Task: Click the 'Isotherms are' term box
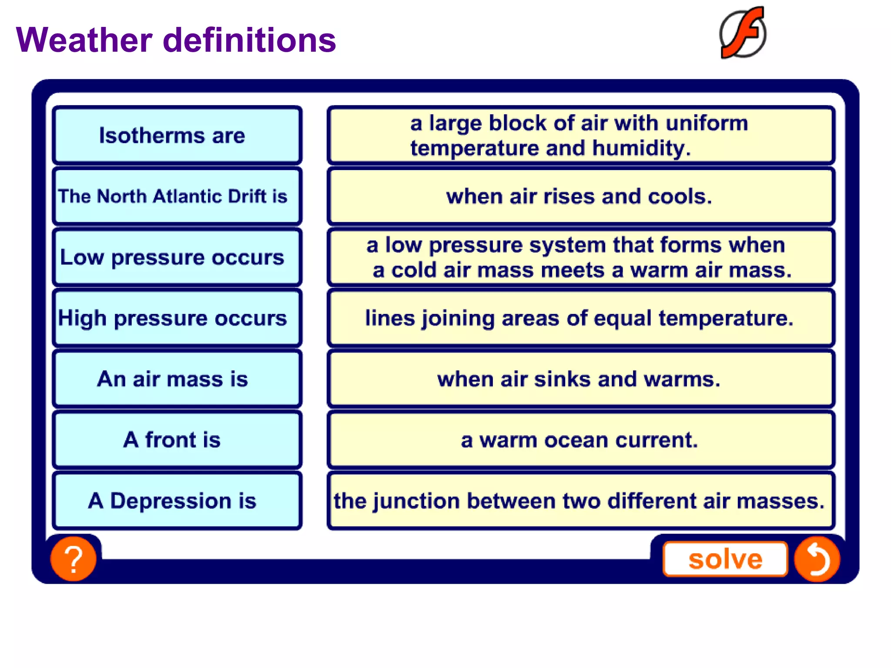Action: [176, 135]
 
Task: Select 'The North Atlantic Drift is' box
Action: [176, 196]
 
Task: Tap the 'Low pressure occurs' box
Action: [176, 257]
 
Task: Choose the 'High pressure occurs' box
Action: [176, 318]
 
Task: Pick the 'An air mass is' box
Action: [176, 379]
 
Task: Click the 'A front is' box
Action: [176, 440]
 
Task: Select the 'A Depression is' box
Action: [176, 501]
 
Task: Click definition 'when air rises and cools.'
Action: [580, 196]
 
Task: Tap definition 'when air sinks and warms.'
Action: [580, 379]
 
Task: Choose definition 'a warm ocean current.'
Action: [580, 440]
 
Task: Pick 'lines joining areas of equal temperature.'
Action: [580, 318]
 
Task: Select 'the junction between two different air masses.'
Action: [580, 501]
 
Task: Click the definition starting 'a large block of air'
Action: [580, 135]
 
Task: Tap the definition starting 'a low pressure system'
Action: [580, 257]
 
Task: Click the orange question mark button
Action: [74, 559]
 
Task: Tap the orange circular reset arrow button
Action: [817, 559]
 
